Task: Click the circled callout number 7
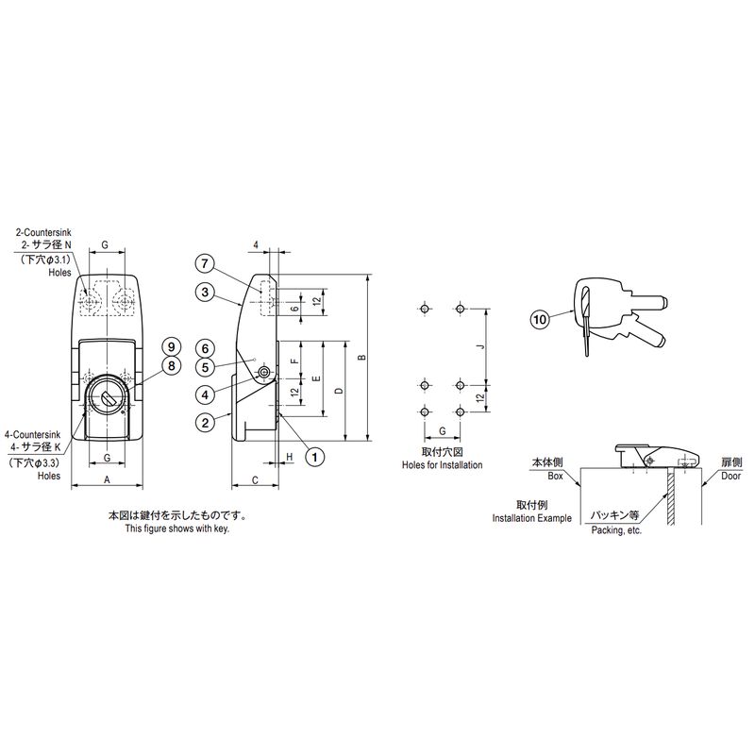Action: tap(205, 263)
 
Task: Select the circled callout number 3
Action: tap(205, 292)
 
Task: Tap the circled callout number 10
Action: tap(540, 319)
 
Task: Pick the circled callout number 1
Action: tap(315, 456)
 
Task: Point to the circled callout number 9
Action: tap(171, 346)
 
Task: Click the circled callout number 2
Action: tap(205, 423)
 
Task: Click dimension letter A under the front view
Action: tap(107, 479)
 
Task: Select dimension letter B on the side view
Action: tap(362, 358)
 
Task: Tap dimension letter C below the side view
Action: tap(255, 480)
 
